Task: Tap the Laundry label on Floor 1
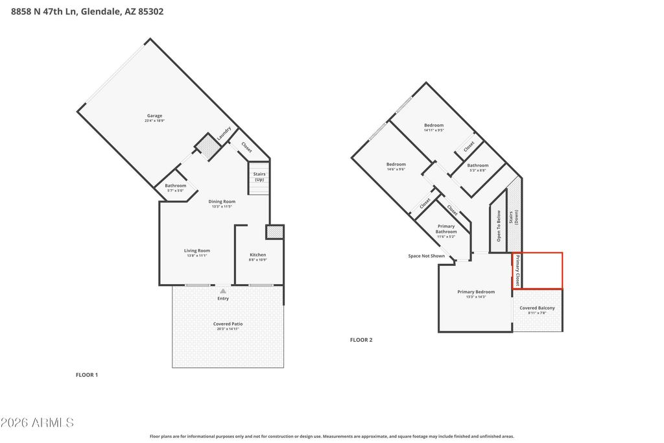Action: (x=224, y=134)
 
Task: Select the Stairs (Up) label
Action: (x=259, y=176)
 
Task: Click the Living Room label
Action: (x=196, y=253)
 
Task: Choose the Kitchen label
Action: (x=257, y=257)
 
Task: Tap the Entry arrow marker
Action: (x=223, y=291)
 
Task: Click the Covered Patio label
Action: (x=228, y=326)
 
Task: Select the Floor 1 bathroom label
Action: (x=175, y=187)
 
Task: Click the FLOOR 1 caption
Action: (x=87, y=375)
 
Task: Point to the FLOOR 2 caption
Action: (x=361, y=340)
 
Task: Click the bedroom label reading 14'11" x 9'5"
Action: (x=434, y=127)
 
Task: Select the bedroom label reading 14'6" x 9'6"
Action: (x=396, y=166)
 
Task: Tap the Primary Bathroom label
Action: (x=445, y=231)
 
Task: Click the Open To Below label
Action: (x=499, y=226)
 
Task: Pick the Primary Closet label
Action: (x=517, y=271)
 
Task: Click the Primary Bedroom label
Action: (x=476, y=294)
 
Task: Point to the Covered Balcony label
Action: (x=537, y=310)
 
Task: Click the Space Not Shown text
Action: (x=426, y=256)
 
